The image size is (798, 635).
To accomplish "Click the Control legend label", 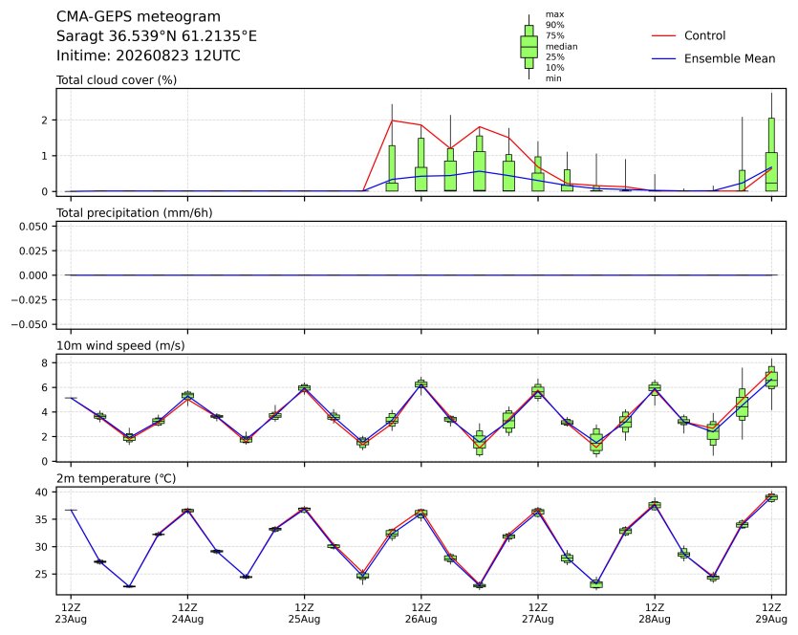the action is [705, 35].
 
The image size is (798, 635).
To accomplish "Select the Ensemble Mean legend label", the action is [730, 58].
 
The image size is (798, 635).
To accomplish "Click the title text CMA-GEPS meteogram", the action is [139, 17].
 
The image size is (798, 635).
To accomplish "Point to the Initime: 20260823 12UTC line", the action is [148, 55].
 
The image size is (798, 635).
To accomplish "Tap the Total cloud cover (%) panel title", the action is [117, 80].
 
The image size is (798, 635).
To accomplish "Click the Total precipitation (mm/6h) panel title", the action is [135, 213].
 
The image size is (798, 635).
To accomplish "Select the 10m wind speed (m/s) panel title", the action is [120, 346].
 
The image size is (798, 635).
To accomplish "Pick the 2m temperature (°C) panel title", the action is [116, 479].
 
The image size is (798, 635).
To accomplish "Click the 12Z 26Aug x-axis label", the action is [421, 613].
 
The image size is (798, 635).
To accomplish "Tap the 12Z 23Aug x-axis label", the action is [71, 613].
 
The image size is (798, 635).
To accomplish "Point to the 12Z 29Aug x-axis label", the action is [771, 613].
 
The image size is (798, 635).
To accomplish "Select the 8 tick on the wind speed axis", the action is [45, 363].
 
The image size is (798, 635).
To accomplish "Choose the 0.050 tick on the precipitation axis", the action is [33, 227].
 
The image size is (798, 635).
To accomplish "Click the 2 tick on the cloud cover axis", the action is [45, 120].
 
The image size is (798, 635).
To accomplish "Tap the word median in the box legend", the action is [561, 46].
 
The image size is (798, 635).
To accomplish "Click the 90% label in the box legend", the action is [554, 25].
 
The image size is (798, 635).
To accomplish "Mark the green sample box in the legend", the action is [528, 47].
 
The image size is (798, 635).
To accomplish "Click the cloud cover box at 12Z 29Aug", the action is [771, 154].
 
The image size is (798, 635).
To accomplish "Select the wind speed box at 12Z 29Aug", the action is [771, 378].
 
